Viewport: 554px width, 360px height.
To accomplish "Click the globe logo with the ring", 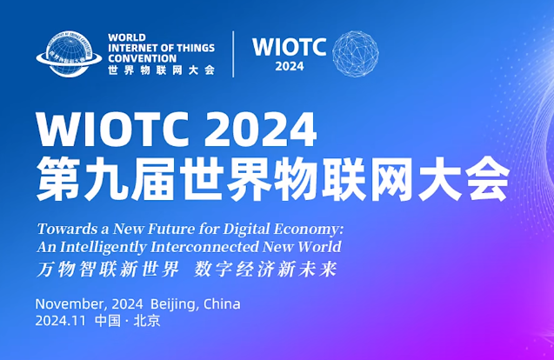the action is (69, 53).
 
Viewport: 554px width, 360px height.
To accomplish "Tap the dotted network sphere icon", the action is (356, 54).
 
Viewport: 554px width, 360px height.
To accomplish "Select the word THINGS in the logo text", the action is (196, 48).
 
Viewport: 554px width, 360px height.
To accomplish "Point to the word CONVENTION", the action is (142, 58).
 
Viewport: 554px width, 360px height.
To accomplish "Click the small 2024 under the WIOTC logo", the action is (290, 66).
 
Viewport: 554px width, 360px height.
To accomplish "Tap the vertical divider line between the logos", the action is (233, 54).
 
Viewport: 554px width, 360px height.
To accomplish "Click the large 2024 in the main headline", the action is (260, 130).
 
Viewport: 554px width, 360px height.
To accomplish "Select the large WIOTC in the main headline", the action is (113, 130).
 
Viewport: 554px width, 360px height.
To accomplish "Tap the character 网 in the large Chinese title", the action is (391, 179).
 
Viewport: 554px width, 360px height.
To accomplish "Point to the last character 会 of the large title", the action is (487, 179).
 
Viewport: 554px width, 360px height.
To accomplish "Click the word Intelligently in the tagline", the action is (103, 247).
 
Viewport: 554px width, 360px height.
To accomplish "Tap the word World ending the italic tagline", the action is (319, 247).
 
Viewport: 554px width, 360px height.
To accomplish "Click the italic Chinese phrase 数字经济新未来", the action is (265, 270).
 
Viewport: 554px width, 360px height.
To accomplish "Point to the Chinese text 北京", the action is (147, 321).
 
